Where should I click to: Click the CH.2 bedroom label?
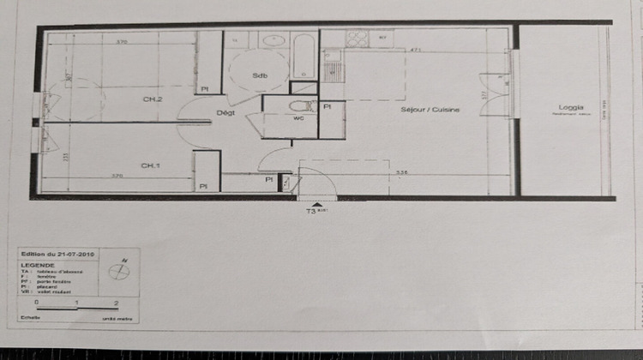(x=153, y=99)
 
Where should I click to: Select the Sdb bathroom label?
(x=260, y=75)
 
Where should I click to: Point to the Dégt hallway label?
(x=225, y=113)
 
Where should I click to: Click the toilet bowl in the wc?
(x=299, y=105)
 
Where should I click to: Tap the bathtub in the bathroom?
(x=303, y=56)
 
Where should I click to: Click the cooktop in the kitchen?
(x=356, y=38)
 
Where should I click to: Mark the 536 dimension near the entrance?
(x=401, y=173)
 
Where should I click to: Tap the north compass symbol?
(x=120, y=271)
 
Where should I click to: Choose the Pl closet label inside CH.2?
(x=204, y=88)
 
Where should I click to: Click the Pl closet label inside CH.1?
(x=204, y=186)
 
